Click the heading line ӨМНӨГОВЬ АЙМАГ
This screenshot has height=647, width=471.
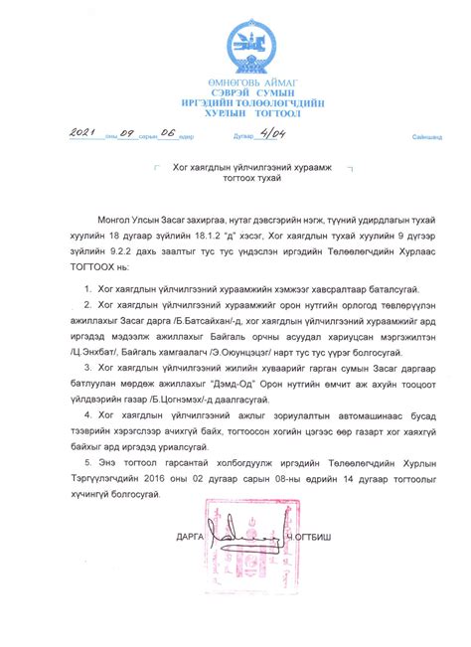(x=235, y=81)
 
